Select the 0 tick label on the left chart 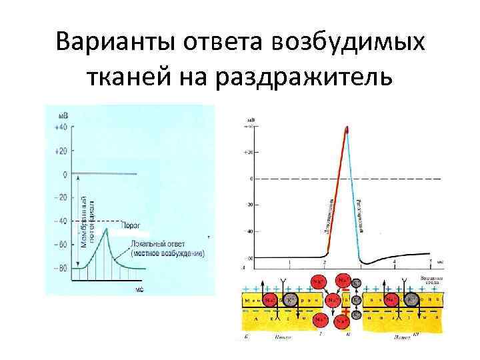(x=64, y=175)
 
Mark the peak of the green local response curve (x=106, y=229)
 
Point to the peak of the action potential (x=346, y=127)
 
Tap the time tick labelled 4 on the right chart (x=395, y=263)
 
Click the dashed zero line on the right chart (x=400, y=179)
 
